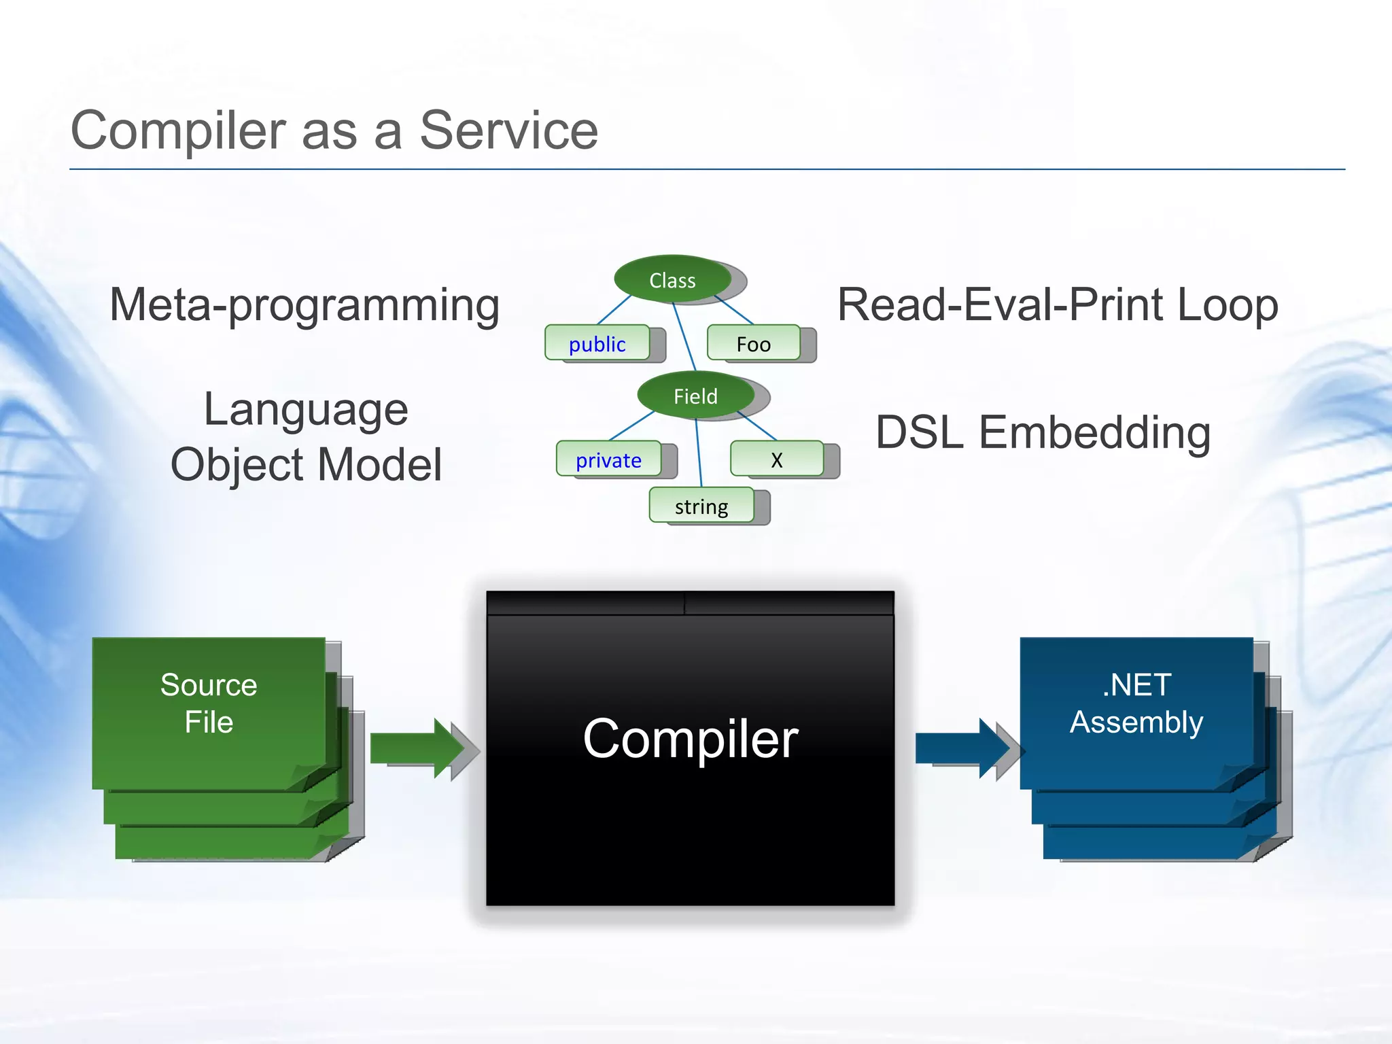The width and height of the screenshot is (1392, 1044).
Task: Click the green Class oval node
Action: coord(672,279)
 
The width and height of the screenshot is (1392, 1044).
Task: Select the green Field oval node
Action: coord(695,396)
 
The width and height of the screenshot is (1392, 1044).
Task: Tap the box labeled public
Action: coord(597,344)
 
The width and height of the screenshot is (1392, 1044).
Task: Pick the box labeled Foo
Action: coord(753,344)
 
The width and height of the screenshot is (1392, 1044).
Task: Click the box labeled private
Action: coord(608,460)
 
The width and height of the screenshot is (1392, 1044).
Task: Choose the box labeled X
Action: coord(776,460)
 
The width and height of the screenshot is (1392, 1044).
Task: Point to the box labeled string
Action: coord(701,506)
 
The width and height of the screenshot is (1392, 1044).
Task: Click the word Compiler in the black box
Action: coord(690,739)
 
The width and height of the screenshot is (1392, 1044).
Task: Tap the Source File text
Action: coord(209,703)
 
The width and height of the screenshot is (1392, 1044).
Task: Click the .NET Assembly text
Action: coord(1136,703)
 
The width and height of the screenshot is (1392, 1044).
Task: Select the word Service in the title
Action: coord(508,130)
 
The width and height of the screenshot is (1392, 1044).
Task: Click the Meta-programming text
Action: coord(304,305)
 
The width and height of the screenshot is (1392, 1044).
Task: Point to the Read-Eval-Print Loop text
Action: coord(1057,305)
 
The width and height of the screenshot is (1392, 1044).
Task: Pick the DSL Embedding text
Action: coord(1043,432)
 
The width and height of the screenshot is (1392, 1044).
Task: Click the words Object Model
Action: coord(306,465)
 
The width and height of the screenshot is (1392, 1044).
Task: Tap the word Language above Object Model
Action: coord(306,410)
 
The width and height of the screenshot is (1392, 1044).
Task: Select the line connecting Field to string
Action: coord(699,452)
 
